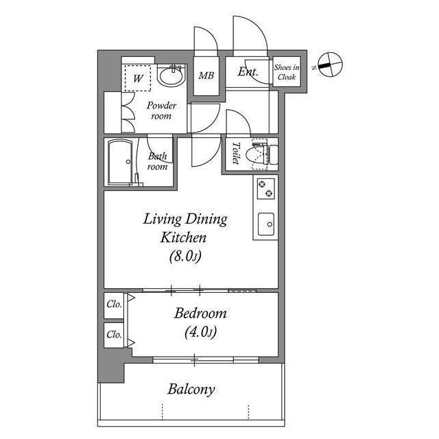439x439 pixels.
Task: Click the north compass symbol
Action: (x=328, y=64)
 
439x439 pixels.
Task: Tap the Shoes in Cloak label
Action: (x=287, y=72)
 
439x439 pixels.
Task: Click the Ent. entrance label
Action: (x=248, y=72)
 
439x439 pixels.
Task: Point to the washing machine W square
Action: (x=139, y=78)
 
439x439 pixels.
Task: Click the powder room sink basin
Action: (x=171, y=77)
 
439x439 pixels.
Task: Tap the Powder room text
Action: (x=162, y=111)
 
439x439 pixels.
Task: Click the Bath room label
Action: (x=158, y=161)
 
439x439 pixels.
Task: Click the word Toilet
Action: (x=235, y=154)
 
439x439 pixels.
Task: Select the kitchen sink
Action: (x=265, y=223)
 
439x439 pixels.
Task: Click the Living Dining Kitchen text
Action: (x=185, y=229)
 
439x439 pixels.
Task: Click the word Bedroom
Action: (x=200, y=313)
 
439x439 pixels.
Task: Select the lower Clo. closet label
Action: (x=114, y=335)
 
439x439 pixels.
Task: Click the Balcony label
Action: (x=191, y=390)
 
